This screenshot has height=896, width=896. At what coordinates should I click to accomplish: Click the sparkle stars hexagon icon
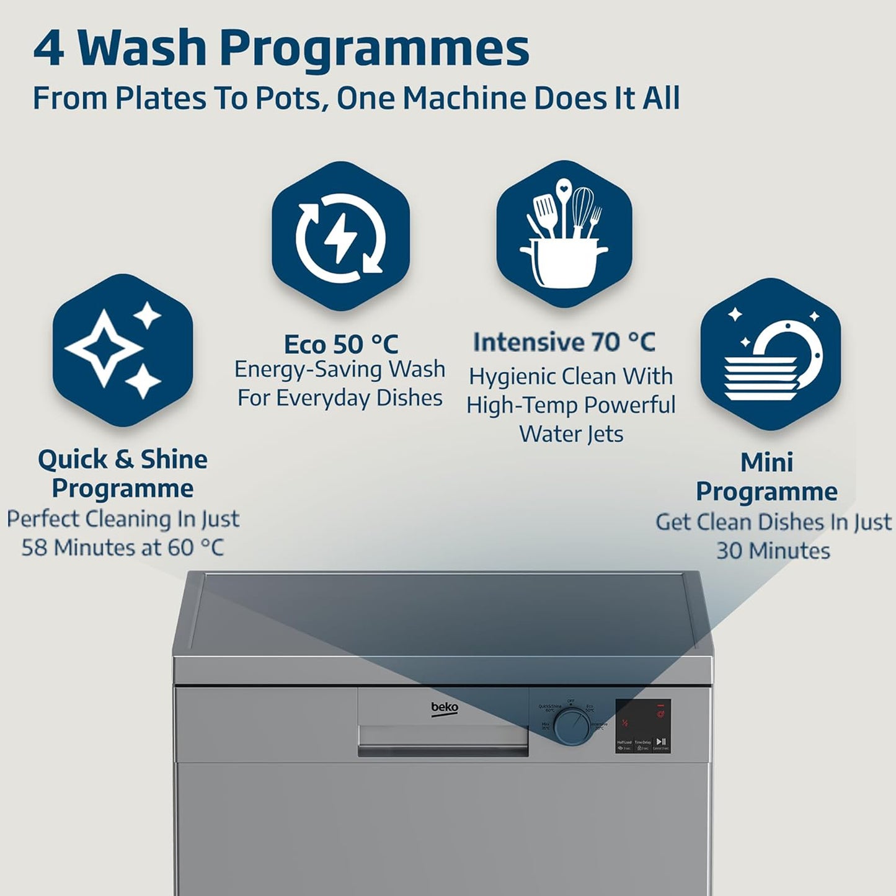pyautogui.click(x=122, y=350)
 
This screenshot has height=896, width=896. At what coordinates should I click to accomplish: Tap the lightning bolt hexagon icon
pyautogui.click(x=340, y=236)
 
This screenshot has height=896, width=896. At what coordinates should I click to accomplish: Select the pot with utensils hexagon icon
pyautogui.click(x=564, y=234)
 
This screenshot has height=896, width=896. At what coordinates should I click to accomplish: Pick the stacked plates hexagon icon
pyautogui.click(x=770, y=355)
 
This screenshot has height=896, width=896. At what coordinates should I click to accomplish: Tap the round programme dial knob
pyautogui.click(x=572, y=727)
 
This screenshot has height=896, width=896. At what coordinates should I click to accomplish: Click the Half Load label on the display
pyautogui.click(x=624, y=742)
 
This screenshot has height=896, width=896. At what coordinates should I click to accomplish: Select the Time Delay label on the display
pyautogui.click(x=642, y=742)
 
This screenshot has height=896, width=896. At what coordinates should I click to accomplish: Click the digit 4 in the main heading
pyautogui.click(x=49, y=48)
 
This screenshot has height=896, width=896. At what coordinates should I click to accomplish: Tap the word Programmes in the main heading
pyautogui.click(x=375, y=48)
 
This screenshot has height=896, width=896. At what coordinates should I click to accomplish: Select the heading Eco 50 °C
pyautogui.click(x=340, y=344)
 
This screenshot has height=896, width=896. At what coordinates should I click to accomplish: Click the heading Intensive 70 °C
pyautogui.click(x=564, y=342)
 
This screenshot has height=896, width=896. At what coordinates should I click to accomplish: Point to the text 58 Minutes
pyautogui.click(x=83, y=548)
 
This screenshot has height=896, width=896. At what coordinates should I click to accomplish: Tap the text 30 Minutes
pyautogui.click(x=773, y=551)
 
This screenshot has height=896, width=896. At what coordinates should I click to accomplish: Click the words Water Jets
pyautogui.click(x=570, y=434)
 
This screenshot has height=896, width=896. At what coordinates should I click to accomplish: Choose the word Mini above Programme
pyautogui.click(x=766, y=462)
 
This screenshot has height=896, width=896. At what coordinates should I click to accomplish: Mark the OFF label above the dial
pyautogui.click(x=571, y=701)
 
